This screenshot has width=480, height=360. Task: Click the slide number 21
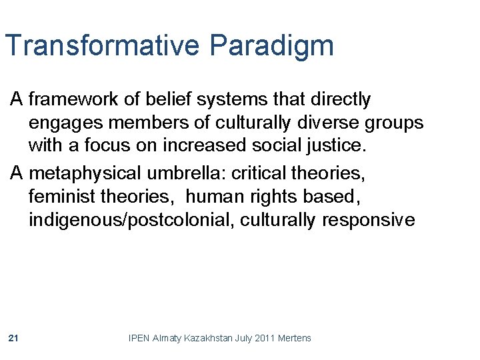(13, 339)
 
